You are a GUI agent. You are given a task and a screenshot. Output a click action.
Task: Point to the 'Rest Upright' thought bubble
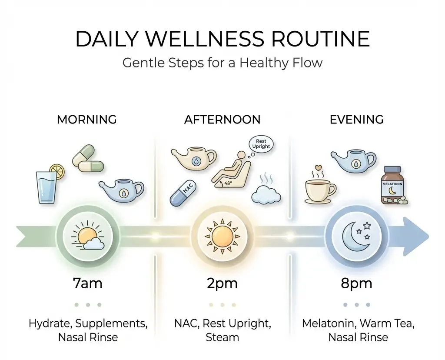pyautogui.click(x=261, y=144)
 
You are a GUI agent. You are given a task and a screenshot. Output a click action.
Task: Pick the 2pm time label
pyautogui.click(x=222, y=283)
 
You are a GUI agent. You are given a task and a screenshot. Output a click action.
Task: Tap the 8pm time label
pyautogui.click(x=356, y=283)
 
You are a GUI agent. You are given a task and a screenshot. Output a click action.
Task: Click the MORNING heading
pyautogui.click(x=87, y=119)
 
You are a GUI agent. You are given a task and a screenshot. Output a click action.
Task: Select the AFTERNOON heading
pyautogui.click(x=222, y=119)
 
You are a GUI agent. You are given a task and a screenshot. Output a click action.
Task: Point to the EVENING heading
pyautogui.click(x=356, y=119)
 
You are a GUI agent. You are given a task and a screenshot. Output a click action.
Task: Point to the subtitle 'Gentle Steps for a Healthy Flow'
pyautogui.click(x=222, y=63)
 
